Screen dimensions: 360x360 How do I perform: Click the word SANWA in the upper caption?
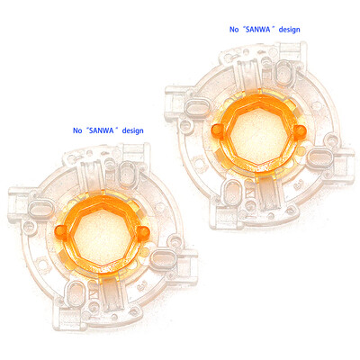tap(260, 30)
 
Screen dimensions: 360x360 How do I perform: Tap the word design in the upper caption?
tap(290, 30)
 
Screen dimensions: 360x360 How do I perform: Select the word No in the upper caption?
tap(236, 30)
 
